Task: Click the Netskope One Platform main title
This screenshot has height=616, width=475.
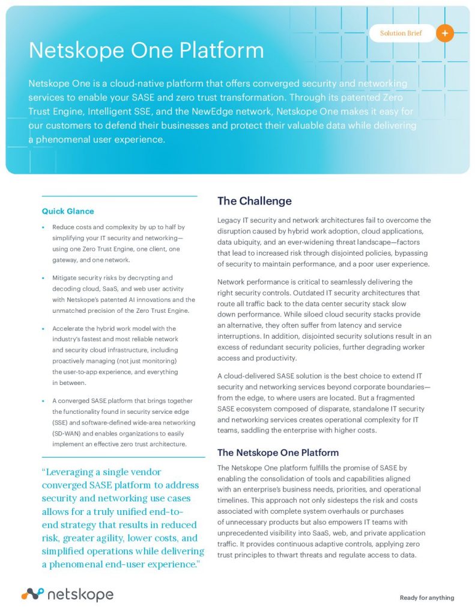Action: [x=146, y=50]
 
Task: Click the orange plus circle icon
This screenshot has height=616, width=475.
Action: [x=444, y=33]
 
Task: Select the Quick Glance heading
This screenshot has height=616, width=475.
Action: [x=68, y=211]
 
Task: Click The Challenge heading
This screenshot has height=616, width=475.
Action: [x=254, y=201]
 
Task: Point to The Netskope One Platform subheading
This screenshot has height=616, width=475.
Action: [x=277, y=452]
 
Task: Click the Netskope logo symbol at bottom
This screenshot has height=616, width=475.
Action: [x=32, y=594]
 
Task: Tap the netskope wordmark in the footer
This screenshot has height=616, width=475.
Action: [x=80, y=595]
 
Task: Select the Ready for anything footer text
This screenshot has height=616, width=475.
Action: [x=427, y=597]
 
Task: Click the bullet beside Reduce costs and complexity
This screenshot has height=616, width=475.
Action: [x=44, y=227]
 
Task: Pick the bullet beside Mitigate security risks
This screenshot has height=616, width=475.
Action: [x=44, y=278]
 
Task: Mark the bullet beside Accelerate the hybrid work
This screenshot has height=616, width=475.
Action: [x=44, y=329]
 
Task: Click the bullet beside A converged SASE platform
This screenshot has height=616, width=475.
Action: [x=44, y=401]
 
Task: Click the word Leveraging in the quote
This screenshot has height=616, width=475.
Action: [x=74, y=472]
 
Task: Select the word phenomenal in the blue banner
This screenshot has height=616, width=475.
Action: [x=67, y=140]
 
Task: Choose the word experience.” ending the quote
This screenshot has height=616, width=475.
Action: [x=175, y=565]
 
